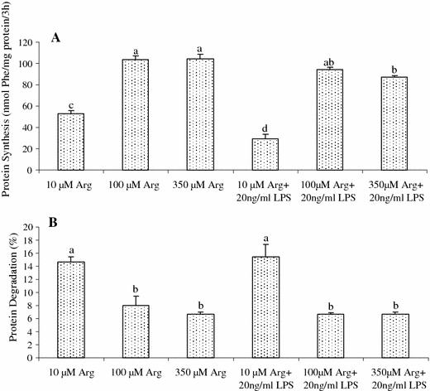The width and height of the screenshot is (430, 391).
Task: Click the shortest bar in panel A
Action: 265,154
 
